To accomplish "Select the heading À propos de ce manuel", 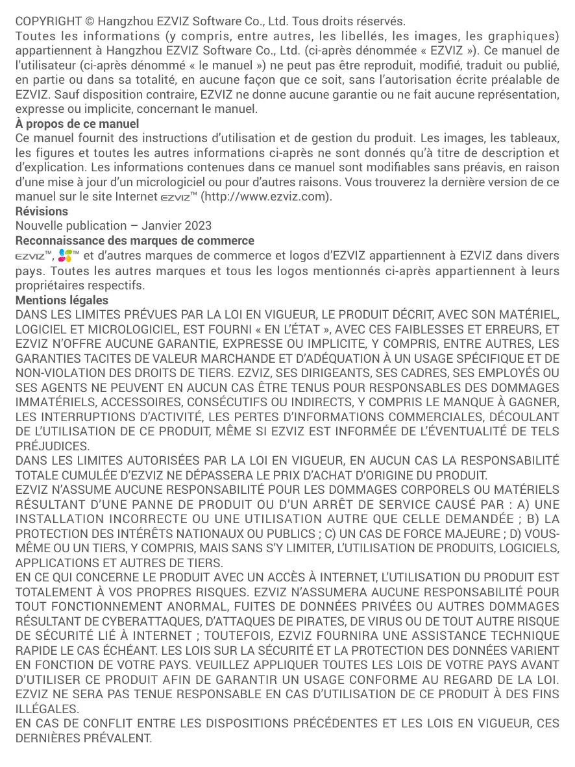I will (x=77, y=123).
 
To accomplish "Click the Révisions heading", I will (x=42, y=211).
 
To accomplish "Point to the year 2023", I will (x=198, y=226).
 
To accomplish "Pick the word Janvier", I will (x=162, y=226).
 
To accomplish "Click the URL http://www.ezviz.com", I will (x=267, y=197).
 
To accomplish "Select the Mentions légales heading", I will (x=62, y=300).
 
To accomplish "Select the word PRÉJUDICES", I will (x=52, y=446).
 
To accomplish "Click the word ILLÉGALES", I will (x=47, y=710).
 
